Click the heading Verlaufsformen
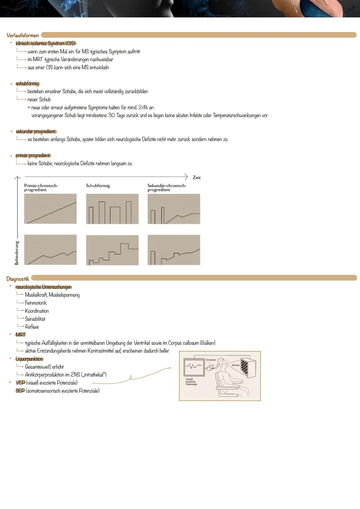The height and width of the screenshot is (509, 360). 23,35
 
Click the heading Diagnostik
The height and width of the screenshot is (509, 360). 18,279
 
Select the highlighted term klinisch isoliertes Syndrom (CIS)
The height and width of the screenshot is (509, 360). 46,43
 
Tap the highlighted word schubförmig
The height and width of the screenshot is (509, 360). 27,83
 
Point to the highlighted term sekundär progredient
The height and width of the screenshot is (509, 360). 36,132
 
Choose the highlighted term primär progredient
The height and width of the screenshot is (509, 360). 33,156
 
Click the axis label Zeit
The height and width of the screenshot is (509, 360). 197,178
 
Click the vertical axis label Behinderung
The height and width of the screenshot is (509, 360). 17,253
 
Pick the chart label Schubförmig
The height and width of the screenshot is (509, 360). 98,186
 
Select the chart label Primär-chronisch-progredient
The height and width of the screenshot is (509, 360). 41,188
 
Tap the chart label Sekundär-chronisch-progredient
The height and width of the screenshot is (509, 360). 167,188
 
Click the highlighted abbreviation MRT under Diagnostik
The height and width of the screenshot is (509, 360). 20,334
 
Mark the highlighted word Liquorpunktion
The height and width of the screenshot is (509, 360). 29,359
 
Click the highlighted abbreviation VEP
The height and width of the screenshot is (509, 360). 20,383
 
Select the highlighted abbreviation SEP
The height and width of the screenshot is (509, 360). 20,391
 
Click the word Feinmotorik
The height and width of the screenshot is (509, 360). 36,303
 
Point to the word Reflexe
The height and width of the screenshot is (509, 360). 32,327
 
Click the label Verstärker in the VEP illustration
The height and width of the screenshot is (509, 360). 211,360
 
